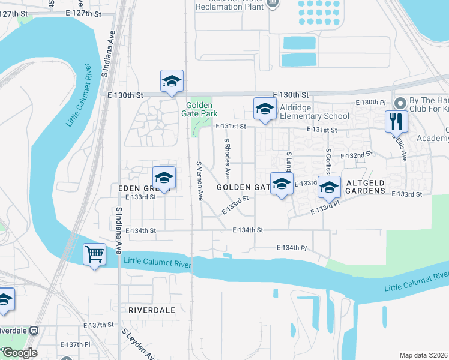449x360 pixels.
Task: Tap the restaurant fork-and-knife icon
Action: [x=396, y=121]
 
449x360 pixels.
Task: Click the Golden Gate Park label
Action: [x=202, y=109]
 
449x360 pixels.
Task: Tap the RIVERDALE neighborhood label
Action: [x=151, y=310]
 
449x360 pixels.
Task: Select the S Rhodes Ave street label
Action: [x=227, y=158]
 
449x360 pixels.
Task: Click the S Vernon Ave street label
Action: [x=200, y=181]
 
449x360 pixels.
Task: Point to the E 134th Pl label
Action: [x=292, y=248]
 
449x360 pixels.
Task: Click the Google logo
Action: [x=20, y=353]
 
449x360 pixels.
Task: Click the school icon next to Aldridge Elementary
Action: [x=264, y=109]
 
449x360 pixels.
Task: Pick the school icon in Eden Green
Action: [x=164, y=178]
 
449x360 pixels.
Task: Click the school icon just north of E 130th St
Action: [x=172, y=82]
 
